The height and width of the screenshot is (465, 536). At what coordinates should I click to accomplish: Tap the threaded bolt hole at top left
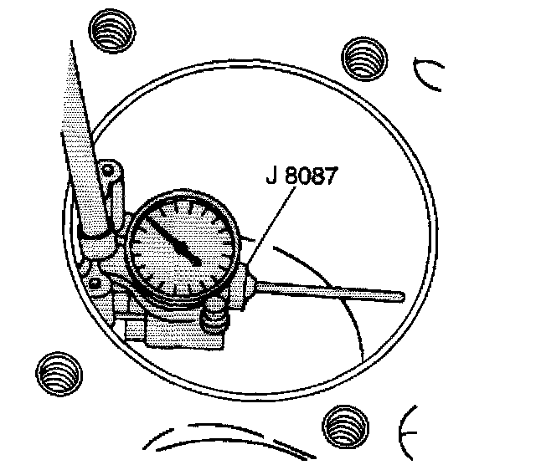109,34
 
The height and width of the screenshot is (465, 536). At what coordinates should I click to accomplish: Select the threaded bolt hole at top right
365,58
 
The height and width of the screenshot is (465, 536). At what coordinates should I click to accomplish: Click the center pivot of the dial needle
196,261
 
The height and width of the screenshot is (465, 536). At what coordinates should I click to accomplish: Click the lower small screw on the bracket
94,284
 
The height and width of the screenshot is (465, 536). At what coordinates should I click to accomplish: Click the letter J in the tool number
268,179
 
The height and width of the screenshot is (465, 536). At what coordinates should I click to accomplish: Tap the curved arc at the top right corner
427,71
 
